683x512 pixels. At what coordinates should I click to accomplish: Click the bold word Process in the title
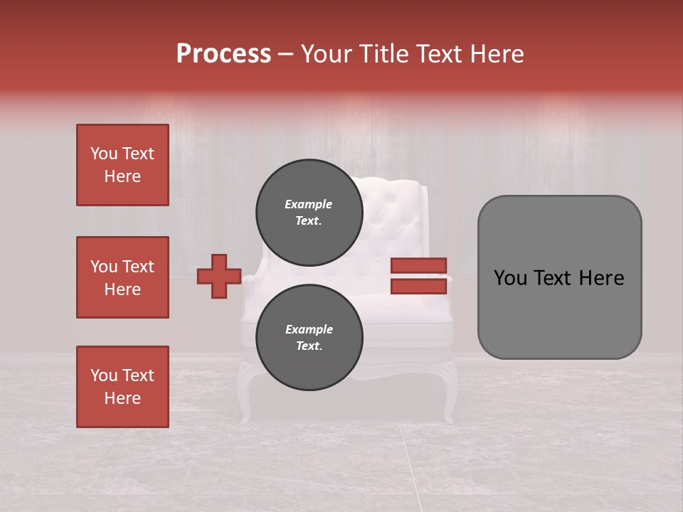coord(223,54)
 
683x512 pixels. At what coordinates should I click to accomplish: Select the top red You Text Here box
coord(122,165)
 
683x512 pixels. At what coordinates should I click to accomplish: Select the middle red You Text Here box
coord(122,277)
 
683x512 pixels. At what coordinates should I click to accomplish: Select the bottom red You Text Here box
coord(122,387)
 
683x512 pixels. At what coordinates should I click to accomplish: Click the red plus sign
coord(219,276)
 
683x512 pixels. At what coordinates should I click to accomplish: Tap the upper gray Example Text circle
coord(309,213)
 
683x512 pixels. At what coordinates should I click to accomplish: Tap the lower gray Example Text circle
coord(309,338)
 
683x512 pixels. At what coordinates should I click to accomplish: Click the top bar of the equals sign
coord(418,266)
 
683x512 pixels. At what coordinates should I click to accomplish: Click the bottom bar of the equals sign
coord(418,287)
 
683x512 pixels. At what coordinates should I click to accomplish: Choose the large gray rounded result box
coord(559,277)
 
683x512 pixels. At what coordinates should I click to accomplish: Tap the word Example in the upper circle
coord(309,204)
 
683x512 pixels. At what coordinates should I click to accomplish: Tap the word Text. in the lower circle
coord(309,346)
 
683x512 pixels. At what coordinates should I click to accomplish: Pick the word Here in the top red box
coord(122,176)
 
